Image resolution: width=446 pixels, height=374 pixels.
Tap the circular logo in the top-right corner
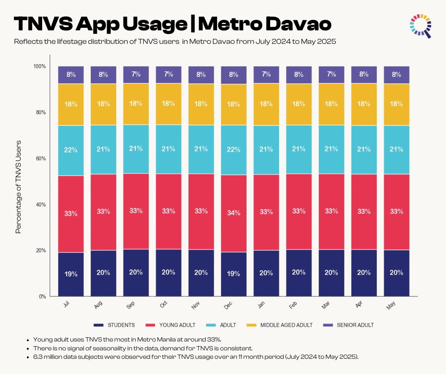tap(420, 25)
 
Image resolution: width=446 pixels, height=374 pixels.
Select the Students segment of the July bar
tap(71, 274)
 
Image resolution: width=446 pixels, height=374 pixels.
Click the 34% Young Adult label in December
tap(234, 213)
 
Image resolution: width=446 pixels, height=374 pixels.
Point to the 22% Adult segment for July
tap(71, 150)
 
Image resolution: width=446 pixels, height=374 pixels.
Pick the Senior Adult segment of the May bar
tap(396, 75)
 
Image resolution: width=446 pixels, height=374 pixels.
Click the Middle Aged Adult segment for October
tap(168, 104)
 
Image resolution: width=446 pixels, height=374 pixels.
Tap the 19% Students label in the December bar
tap(234, 274)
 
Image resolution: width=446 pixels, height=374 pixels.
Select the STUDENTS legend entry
tap(115, 325)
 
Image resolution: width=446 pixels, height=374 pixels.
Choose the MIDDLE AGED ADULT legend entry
tap(280, 325)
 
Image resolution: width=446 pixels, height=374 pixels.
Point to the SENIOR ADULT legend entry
tap(349, 325)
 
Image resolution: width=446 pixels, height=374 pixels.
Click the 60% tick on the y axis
tap(40, 159)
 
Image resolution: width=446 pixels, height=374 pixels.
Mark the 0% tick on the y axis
tap(42, 296)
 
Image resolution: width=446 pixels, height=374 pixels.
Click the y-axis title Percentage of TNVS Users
tap(18, 186)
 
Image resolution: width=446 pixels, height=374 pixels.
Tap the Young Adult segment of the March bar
tap(331, 211)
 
